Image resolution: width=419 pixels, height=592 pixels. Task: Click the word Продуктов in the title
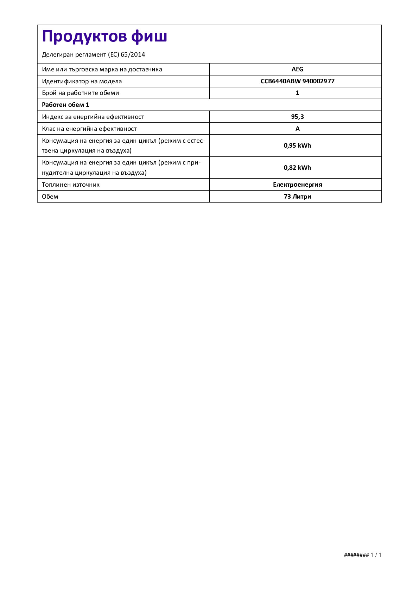(84, 37)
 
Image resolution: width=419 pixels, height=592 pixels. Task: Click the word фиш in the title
(149, 37)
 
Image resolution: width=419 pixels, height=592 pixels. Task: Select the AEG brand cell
(297, 69)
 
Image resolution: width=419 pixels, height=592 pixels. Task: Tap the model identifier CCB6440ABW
(280, 81)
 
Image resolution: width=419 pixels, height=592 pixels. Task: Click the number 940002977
(318, 81)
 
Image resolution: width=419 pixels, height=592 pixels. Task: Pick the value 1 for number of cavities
(297, 93)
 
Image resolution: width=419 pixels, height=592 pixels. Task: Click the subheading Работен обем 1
(65, 105)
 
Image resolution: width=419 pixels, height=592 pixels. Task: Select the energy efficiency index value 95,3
(297, 117)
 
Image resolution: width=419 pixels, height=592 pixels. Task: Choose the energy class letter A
(297, 129)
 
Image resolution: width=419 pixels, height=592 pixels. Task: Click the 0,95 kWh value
(297, 146)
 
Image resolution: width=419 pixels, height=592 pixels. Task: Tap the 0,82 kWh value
(297, 168)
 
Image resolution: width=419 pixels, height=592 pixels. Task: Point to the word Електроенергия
(297, 185)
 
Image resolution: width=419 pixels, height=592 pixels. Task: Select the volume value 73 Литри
(297, 197)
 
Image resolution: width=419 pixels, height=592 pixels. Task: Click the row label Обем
(50, 197)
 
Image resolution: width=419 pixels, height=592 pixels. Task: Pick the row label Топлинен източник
(71, 185)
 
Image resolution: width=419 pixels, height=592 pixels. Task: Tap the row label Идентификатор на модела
(82, 81)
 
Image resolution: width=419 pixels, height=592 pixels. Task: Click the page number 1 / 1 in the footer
(376, 555)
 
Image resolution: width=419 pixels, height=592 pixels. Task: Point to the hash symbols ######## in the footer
(356, 555)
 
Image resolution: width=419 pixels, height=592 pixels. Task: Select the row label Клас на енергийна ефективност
(89, 129)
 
